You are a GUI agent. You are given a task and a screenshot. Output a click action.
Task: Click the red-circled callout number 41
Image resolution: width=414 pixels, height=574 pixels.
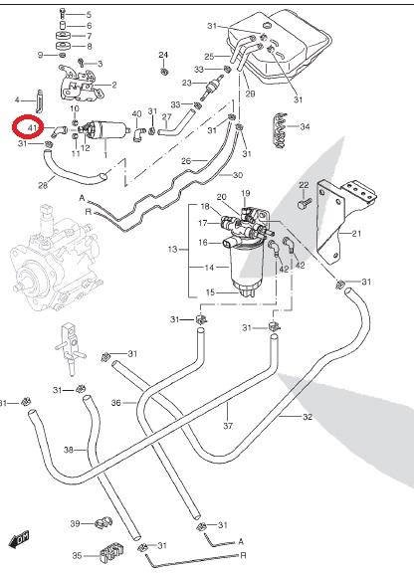pos(32,127)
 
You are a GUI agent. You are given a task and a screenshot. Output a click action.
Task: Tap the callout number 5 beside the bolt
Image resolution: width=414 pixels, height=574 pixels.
pos(89,15)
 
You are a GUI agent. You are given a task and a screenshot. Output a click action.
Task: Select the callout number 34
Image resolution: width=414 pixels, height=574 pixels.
pos(305,126)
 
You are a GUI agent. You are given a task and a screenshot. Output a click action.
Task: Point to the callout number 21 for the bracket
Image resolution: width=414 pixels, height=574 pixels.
pos(356,233)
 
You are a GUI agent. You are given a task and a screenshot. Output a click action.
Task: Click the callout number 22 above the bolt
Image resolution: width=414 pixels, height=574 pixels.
pos(304,185)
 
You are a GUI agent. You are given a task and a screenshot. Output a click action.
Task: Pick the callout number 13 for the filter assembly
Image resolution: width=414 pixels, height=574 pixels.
pos(172,250)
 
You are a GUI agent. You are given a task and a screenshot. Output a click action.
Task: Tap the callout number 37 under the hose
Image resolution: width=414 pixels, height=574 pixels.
pos(228,426)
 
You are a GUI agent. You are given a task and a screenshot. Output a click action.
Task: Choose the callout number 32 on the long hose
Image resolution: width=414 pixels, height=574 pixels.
pos(308,417)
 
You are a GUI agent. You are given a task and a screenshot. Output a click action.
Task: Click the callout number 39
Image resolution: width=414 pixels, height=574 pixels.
pos(75,524)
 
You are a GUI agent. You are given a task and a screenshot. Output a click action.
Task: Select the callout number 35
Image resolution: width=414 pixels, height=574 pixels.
pos(77,556)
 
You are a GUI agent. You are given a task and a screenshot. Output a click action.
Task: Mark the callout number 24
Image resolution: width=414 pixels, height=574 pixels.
pos(163,55)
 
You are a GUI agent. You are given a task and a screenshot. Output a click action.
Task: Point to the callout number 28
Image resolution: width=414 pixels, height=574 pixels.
pos(43,186)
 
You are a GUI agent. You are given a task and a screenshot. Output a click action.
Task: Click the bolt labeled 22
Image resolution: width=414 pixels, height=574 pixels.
pos(305,203)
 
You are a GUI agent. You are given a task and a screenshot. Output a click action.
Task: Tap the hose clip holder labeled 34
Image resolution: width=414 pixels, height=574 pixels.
pos(281,130)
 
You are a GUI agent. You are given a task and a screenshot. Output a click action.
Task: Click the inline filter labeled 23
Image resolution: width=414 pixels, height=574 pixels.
pos(212,88)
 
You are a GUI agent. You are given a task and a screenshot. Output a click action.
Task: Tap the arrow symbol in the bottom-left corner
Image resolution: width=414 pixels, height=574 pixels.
pos(19,539)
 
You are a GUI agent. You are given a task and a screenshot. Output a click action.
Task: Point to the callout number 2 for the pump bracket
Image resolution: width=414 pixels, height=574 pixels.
pos(114,85)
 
